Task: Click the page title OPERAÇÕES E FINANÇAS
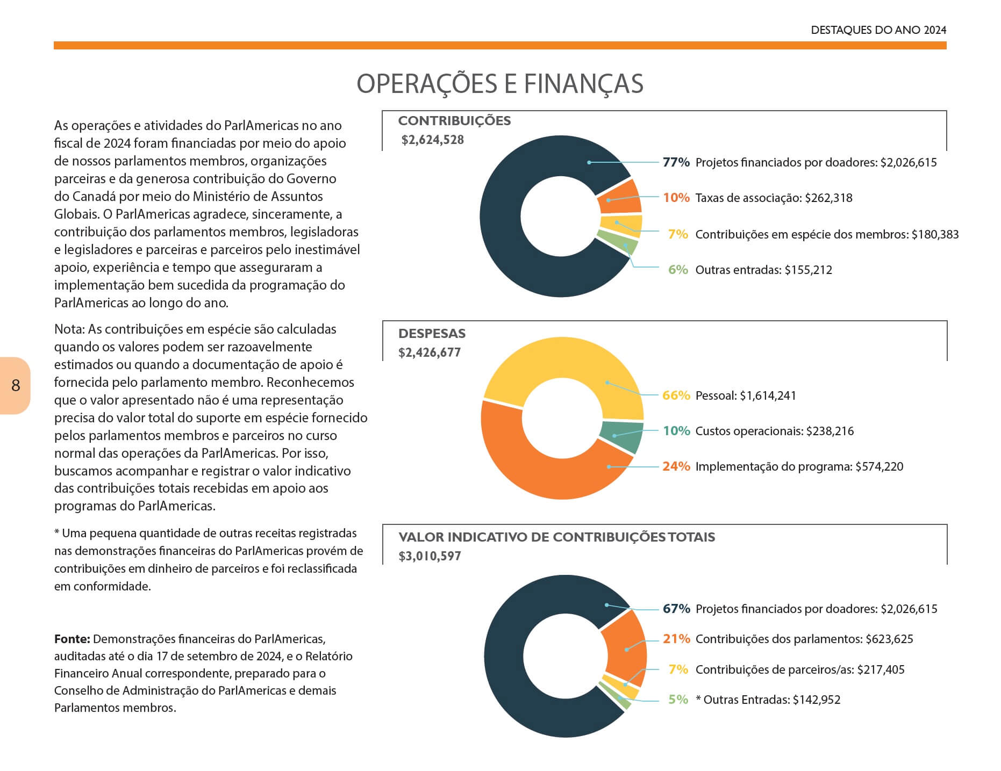(500, 83)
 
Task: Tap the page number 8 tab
(15, 385)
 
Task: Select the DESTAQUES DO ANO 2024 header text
(878, 30)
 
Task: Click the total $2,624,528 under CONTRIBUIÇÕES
(432, 140)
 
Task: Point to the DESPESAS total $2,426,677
(430, 353)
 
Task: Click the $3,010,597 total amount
(430, 556)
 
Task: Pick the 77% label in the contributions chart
(676, 162)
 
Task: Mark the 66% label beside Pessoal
(676, 395)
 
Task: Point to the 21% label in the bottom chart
(676, 639)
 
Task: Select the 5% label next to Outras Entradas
(678, 700)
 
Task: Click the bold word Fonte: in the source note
(72, 639)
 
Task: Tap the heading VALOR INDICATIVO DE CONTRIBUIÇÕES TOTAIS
(556, 537)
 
